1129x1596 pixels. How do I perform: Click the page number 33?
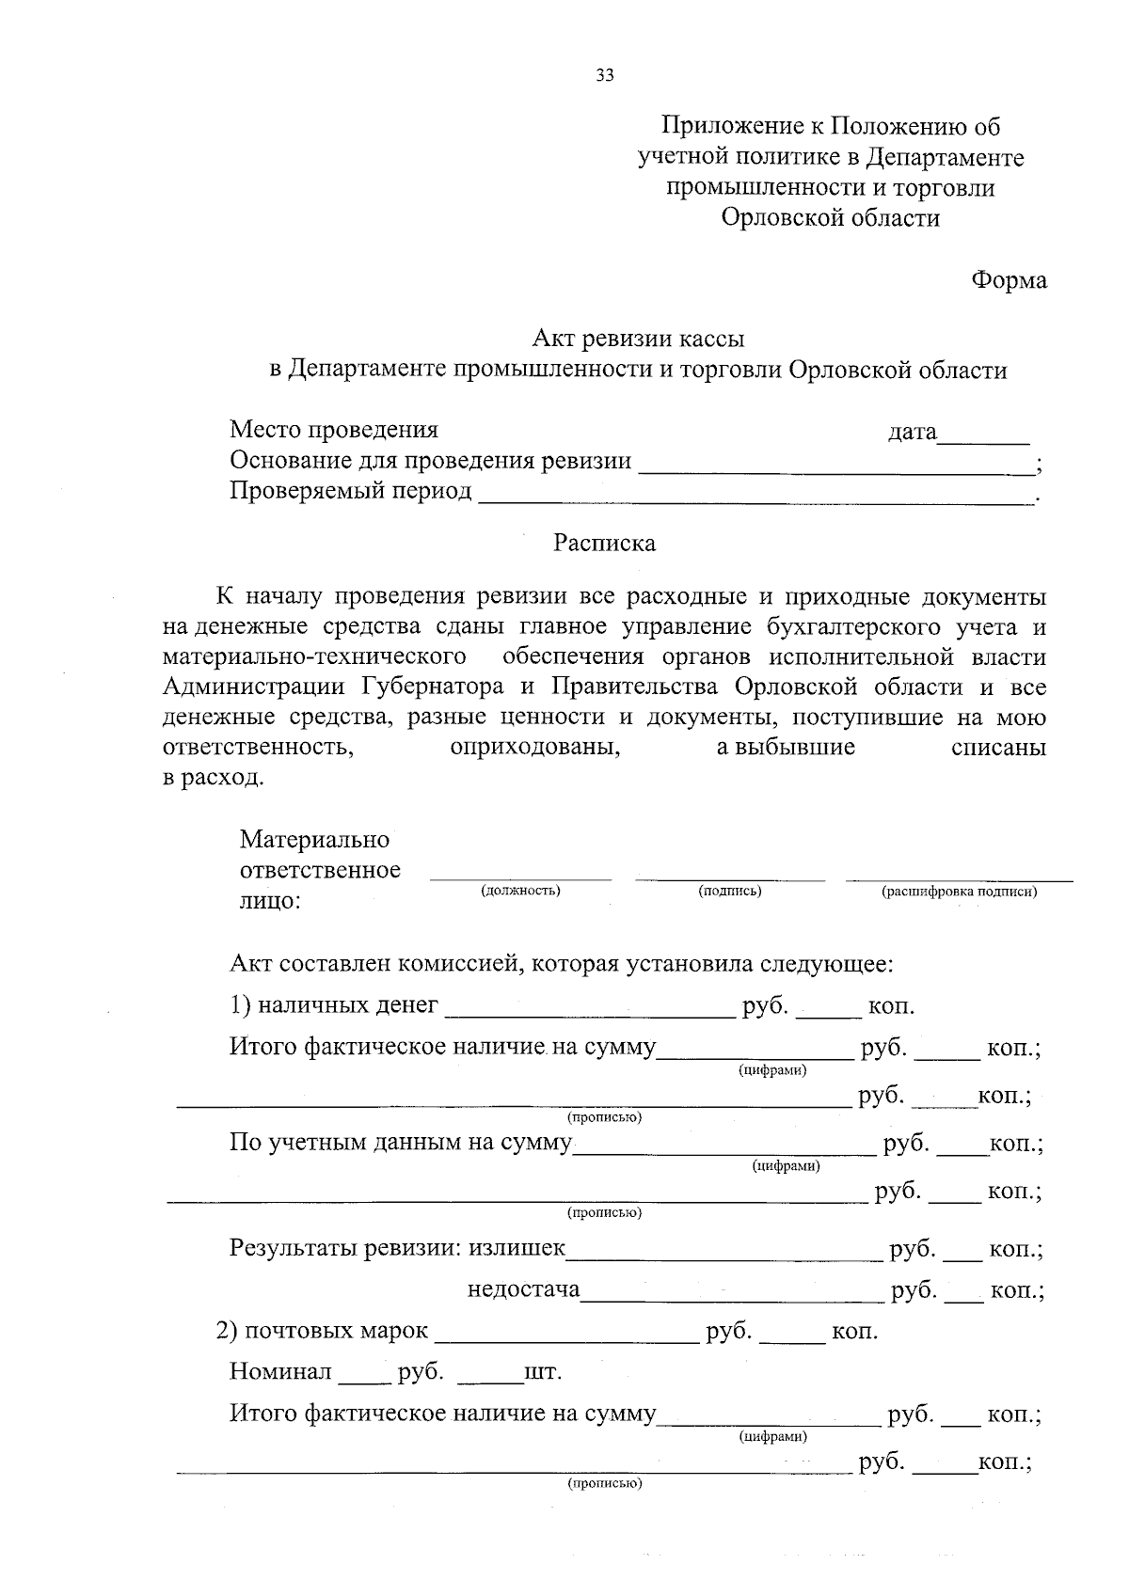click(605, 76)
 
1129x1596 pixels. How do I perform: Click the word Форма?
click(1009, 280)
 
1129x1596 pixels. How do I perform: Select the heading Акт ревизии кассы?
click(639, 337)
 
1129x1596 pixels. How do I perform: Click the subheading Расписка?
click(604, 544)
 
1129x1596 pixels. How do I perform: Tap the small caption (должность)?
click(520, 891)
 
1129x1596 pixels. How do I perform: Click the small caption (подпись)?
click(730, 891)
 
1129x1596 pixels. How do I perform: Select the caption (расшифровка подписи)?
click(959, 892)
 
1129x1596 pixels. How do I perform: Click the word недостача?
click(524, 1289)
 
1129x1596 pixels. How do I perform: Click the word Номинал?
click(280, 1372)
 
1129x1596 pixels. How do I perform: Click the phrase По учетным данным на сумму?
click(401, 1144)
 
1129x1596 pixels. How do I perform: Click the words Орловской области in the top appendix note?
click(831, 218)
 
